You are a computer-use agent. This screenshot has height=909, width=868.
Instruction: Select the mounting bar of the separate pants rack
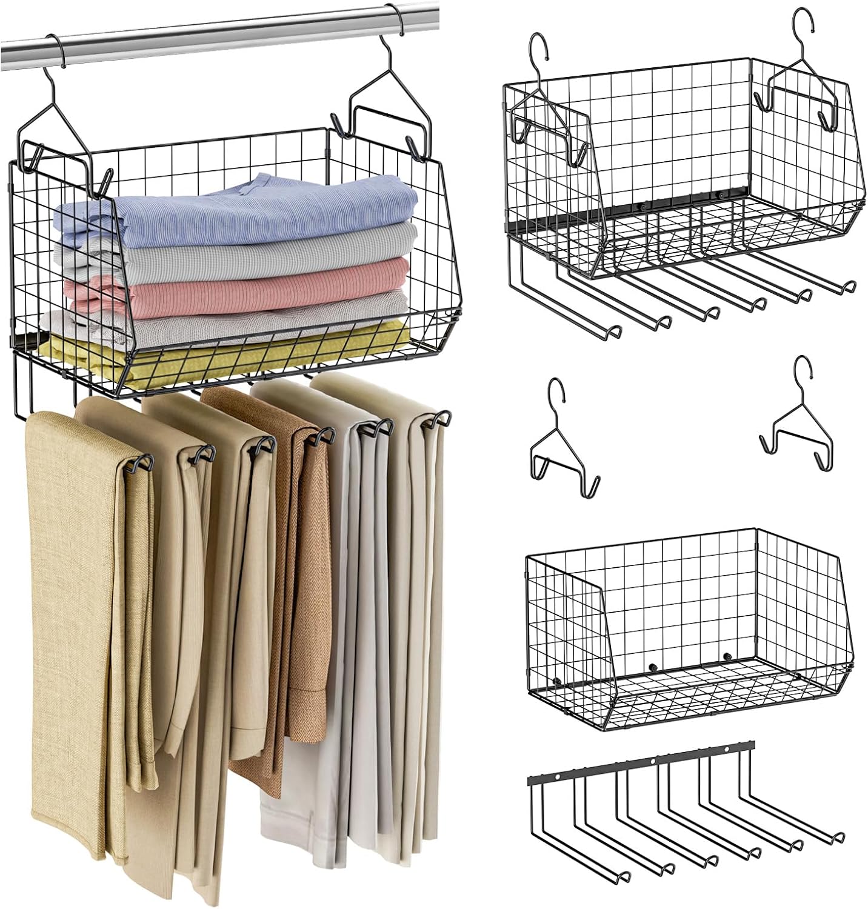(643, 764)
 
